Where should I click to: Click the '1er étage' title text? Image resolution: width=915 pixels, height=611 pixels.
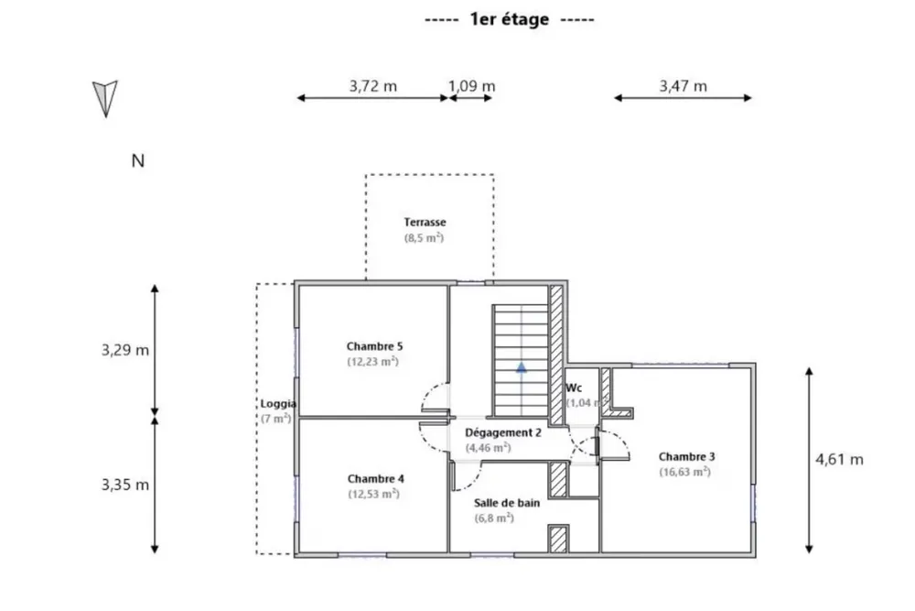pos(510,19)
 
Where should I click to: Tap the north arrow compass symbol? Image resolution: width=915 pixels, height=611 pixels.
pos(105,99)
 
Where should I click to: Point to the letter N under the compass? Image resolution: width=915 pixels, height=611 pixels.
pos(138,160)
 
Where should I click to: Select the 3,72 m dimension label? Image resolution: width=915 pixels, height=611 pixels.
pos(373,86)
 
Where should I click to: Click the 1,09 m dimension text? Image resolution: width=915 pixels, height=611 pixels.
pos(471,86)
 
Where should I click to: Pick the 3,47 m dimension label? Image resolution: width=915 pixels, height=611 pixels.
pos(683,86)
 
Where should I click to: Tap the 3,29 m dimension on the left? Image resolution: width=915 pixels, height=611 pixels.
pos(124,350)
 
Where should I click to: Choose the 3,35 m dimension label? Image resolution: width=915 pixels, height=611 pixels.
pos(124,485)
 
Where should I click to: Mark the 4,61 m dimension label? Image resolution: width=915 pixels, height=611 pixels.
pos(839,460)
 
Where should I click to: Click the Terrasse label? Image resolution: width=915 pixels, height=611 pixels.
pos(425,222)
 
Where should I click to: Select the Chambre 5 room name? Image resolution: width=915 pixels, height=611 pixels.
pos(374,346)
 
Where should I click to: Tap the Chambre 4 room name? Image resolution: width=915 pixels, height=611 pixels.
pos(376,479)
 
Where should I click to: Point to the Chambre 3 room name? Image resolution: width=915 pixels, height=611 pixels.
pos(687,457)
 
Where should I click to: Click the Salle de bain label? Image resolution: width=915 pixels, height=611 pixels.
pos(507,503)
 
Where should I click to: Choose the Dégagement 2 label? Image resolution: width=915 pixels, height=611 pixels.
pos(503,433)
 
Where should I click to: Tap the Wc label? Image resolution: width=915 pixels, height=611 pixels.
pos(574,387)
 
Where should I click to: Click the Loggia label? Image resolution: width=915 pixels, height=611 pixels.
pos(278,404)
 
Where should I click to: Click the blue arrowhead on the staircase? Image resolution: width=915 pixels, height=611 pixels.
pos(522,367)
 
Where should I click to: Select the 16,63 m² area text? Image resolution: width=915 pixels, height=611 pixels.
pos(685,472)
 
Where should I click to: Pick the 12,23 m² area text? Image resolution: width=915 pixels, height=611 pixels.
pos(373,362)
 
